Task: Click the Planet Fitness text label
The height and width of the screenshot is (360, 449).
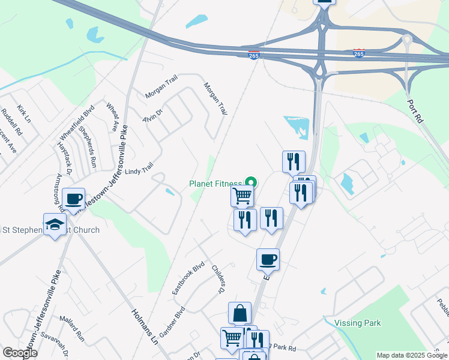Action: click(215, 184)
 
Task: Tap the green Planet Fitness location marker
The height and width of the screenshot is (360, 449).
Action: click(251, 182)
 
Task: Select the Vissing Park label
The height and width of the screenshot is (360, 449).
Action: click(358, 323)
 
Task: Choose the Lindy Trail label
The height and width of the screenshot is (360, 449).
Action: click(139, 171)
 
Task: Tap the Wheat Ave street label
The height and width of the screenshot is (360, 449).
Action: click(112, 117)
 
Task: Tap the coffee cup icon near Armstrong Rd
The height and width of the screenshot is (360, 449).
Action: click(74, 199)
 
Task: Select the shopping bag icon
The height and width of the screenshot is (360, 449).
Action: click(240, 313)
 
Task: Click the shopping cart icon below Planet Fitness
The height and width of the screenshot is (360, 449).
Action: click(242, 195)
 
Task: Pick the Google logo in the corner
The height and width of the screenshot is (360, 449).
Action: click(20, 353)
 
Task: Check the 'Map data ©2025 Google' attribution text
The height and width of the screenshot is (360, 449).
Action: click(412, 355)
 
